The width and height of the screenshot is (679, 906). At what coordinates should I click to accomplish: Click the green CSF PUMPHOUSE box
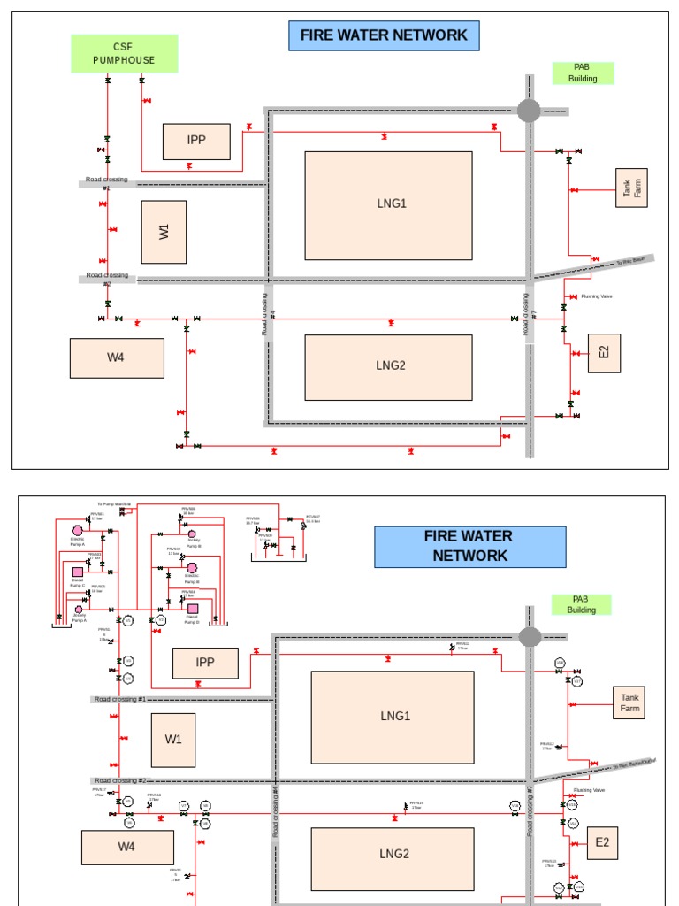click(x=124, y=53)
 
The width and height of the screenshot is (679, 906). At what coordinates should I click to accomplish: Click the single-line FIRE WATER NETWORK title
click(x=384, y=35)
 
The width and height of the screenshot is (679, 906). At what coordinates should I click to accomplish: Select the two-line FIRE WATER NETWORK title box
click(x=469, y=547)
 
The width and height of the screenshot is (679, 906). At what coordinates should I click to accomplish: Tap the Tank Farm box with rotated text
click(x=632, y=188)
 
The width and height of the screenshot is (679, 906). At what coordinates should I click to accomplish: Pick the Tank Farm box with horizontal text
click(x=629, y=703)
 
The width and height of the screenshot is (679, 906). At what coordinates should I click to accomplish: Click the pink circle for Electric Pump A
click(x=77, y=530)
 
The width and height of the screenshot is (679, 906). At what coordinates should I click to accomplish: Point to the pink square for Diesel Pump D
click(x=192, y=608)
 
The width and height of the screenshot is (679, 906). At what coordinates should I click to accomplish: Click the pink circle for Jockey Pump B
click(x=192, y=534)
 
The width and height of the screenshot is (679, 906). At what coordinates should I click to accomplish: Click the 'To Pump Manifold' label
click(x=114, y=503)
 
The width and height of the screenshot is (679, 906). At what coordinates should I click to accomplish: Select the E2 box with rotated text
click(x=604, y=352)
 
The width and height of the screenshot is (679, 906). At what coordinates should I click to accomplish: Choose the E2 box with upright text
click(x=602, y=842)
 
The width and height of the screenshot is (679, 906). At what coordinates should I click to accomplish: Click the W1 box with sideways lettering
click(x=164, y=232)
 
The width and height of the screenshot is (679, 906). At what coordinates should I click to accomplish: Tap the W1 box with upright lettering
click(x=173, y=738)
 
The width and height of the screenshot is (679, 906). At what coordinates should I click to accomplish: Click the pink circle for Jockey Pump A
click(x=78, y=609)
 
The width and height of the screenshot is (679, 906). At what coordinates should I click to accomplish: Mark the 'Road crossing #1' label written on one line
click(x=120, y=699)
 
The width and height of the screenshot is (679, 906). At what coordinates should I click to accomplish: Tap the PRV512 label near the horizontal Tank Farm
click(x=547, y=745)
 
